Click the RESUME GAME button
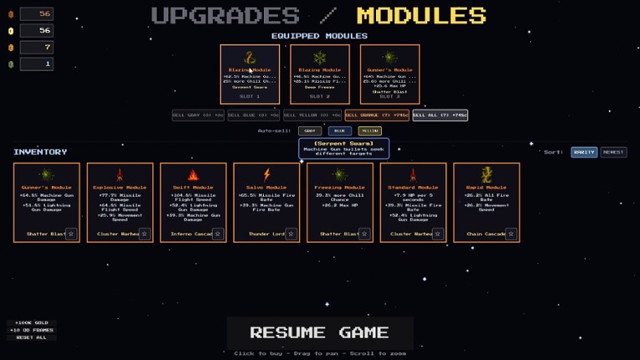[319, 332]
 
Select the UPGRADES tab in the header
[225, 15]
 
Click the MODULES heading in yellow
[421, 15]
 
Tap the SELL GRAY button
[198, 116]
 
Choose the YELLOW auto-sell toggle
[369, 131]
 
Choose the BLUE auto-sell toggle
[339, 131]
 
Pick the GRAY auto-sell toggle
[309, 131]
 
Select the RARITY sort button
[584, 152]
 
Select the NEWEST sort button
[613, 152]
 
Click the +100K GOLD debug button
[31, 322]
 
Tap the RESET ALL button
[31, 337]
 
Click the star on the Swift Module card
[218, 234]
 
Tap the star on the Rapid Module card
[511, 234]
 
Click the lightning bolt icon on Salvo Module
[266, 175]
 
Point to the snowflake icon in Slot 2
[319, 58]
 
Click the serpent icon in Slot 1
[250, 58]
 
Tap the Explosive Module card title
[120, 188]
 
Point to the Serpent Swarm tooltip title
[343, 144]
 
